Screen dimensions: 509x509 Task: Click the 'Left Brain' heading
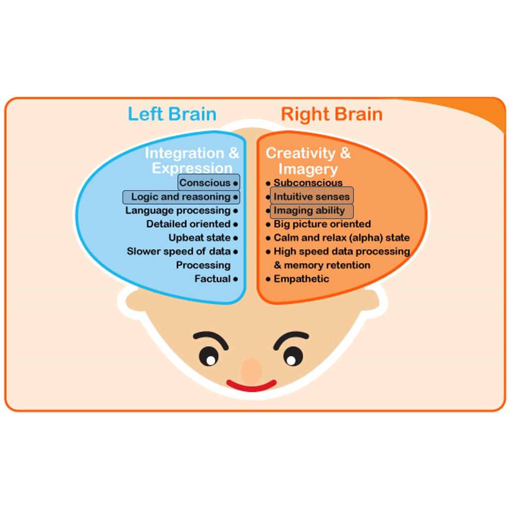(172, 114)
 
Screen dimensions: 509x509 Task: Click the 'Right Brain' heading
(332, 114)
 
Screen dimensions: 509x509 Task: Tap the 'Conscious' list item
(205, 182)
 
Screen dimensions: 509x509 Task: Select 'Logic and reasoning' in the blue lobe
(181, 197)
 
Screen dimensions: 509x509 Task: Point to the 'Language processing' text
(178, 210)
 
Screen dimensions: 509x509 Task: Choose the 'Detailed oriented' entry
(188, 224)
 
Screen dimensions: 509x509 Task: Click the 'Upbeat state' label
(199, 238)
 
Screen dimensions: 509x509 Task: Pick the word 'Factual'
(212, 279)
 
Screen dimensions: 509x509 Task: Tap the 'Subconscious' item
(308, 182)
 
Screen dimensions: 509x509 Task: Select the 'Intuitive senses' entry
(312, 197)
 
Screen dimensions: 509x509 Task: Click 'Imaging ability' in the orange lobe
(309, 211)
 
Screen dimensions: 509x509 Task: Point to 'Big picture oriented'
(322, 224)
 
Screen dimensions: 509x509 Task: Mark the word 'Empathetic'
(301, 279)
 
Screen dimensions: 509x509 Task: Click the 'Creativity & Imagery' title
(308, 161)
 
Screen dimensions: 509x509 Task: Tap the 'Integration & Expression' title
(192, 160)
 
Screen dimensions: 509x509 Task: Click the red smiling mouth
(252, 386)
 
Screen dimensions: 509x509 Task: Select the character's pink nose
(252, 370)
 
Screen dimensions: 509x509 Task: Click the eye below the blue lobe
(208, 356)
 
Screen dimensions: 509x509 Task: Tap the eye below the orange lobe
(293, 356)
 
